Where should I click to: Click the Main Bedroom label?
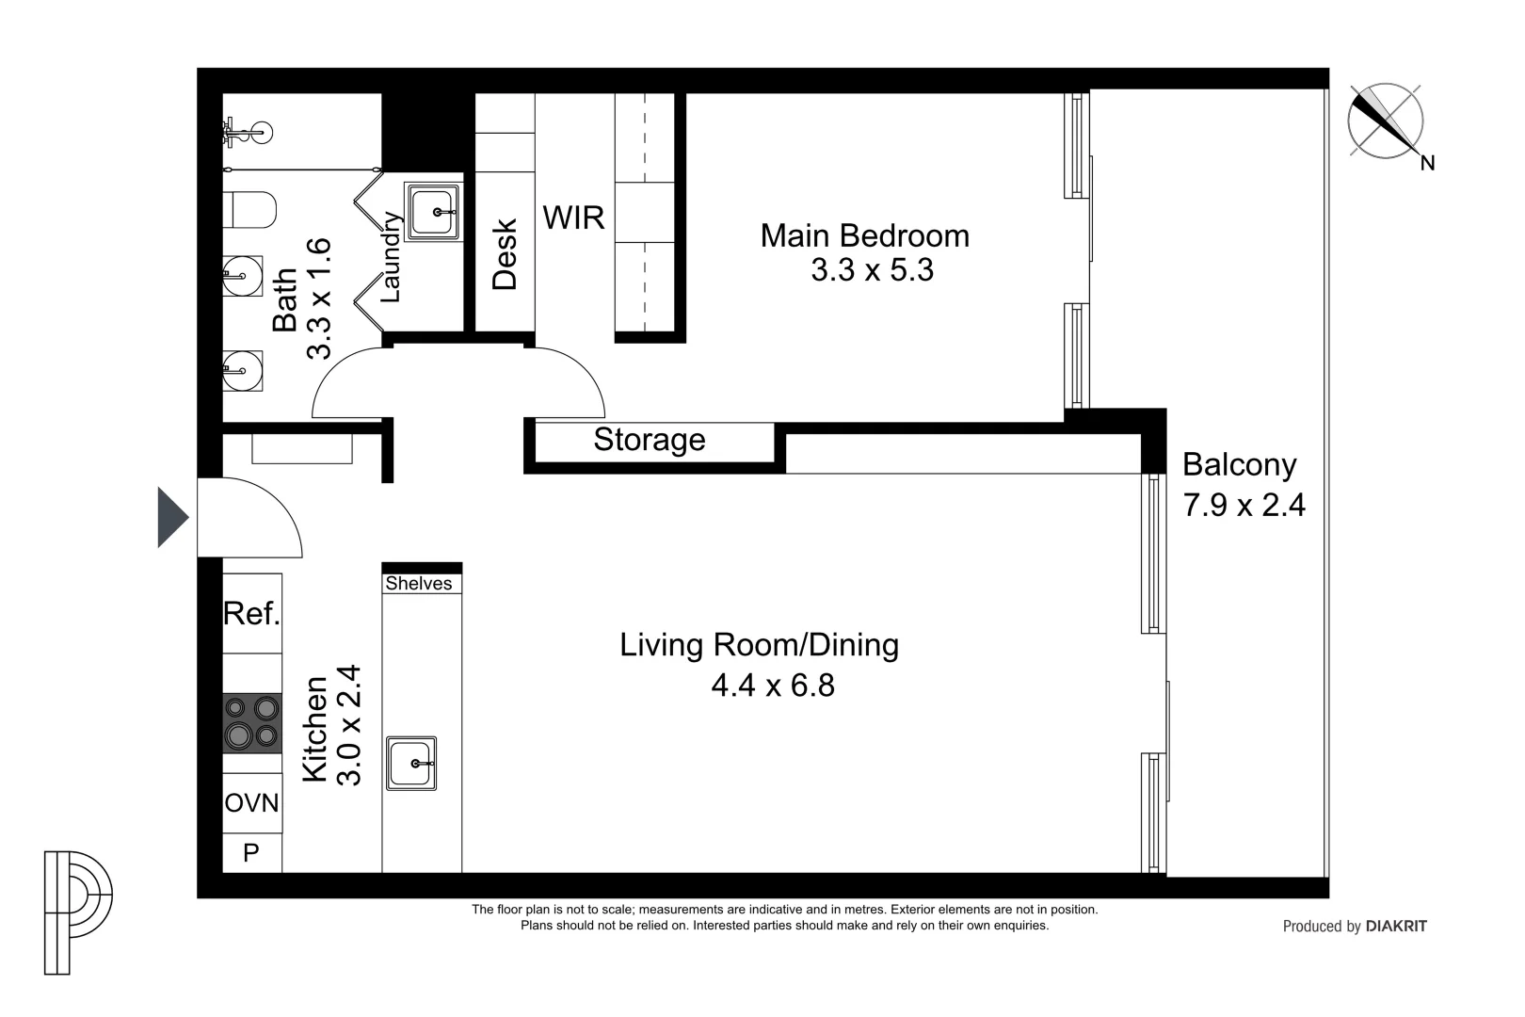864,235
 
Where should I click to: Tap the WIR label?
574,218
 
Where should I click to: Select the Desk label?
505,254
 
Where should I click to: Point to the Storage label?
649,440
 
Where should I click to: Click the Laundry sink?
433,211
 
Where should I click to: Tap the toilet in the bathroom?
249,209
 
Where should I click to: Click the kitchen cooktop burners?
252,723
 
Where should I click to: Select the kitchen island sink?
411,763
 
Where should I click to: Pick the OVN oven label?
251,803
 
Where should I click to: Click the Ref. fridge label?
252,613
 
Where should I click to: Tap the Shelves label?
419,583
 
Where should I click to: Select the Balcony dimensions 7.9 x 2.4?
1244,505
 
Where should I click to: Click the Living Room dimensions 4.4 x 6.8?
773,685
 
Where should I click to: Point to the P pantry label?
251,851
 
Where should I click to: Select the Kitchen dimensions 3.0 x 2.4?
348,725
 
